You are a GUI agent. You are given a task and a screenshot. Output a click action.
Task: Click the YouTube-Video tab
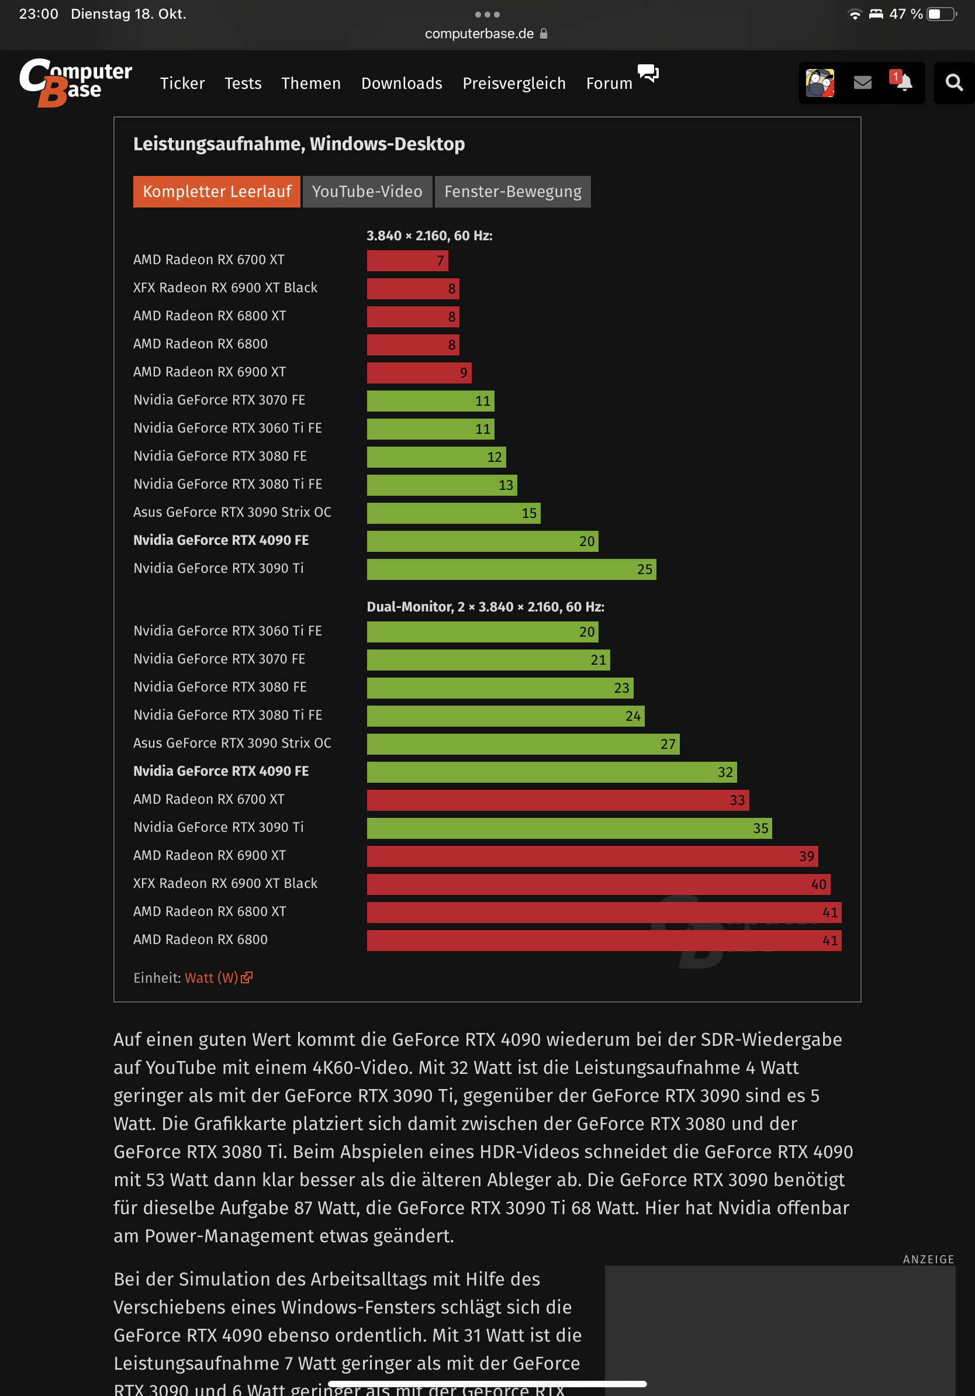point(367,192)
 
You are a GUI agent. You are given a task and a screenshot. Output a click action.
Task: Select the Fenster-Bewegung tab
point(513,192)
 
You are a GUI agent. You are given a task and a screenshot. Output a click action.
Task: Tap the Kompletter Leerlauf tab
point(216,192)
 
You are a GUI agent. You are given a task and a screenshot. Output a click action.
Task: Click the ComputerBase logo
point(75,82)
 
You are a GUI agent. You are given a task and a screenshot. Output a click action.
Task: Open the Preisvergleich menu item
point(514,83)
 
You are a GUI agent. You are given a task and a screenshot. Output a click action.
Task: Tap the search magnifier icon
point(954,82)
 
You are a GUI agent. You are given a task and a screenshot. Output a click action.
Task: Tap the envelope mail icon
point(863,82)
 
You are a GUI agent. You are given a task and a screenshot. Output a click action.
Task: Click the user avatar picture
point(820,82)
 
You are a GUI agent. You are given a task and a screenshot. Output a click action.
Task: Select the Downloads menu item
point(401,83)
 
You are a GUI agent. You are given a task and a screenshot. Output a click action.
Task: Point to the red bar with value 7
point(407,261)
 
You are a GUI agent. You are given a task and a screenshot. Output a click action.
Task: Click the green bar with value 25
point(511,569)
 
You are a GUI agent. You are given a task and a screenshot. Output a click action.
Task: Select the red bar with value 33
point(558,800)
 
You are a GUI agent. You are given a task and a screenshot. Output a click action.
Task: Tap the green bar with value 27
point(523,744)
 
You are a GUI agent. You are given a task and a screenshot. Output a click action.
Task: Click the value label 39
point(806,856)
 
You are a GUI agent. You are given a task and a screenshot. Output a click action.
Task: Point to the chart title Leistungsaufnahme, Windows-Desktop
point(299,144)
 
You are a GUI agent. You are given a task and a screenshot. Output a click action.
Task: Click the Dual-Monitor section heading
point(485,607)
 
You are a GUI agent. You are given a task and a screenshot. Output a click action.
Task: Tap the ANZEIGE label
point(928,1259)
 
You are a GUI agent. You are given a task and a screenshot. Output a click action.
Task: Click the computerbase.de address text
point(479,33)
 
